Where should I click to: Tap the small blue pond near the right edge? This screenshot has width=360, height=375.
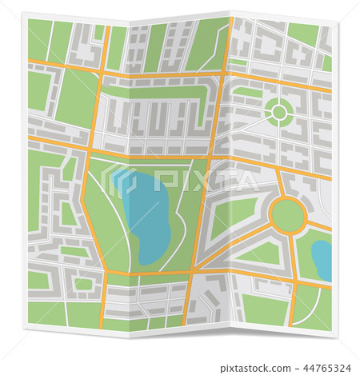point(322,257)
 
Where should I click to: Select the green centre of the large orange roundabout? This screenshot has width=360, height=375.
point(287,214)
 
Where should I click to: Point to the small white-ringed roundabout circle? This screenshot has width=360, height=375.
point(278,113)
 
